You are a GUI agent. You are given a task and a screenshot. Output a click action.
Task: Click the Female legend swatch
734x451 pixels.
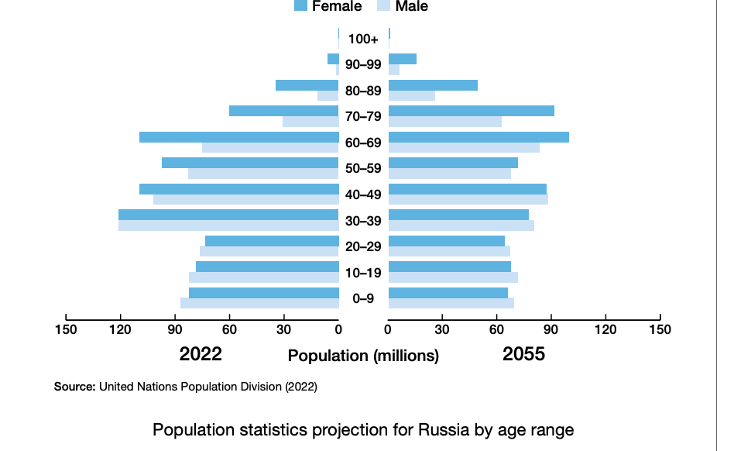[301, 6]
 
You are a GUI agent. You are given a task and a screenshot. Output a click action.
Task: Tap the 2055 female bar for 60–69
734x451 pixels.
[478, 137]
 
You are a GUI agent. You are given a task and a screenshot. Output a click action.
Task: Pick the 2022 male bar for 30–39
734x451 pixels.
[228, 225]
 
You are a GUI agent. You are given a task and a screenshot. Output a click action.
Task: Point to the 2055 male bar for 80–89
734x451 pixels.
[412, 96]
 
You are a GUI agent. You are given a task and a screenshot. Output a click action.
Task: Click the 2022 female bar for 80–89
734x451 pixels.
[307, 85]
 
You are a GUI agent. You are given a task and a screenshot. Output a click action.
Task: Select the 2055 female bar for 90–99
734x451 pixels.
[403, 59]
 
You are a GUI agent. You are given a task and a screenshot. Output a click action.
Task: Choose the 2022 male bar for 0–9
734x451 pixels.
[259, 303]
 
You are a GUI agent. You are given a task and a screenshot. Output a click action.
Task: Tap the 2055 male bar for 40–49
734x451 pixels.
[468, 199]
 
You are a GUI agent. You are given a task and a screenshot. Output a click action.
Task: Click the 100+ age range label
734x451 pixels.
[363, 39]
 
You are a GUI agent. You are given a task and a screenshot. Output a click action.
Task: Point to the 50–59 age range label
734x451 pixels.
[363, 168]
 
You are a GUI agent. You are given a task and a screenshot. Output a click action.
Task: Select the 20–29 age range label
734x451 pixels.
[363, 246]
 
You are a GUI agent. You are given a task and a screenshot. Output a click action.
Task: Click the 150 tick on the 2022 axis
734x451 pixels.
[66, 329]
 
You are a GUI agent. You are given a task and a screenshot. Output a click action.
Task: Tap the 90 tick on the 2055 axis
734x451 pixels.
[551, 329]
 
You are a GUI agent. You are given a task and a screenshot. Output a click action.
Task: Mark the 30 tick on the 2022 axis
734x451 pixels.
[284, 329]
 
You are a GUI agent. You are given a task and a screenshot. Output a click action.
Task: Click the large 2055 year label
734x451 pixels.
[523, 354]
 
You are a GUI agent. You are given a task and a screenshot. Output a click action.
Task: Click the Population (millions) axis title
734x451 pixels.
[363, 356]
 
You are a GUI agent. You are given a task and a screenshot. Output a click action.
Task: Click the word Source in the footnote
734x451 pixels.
[74, 386]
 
